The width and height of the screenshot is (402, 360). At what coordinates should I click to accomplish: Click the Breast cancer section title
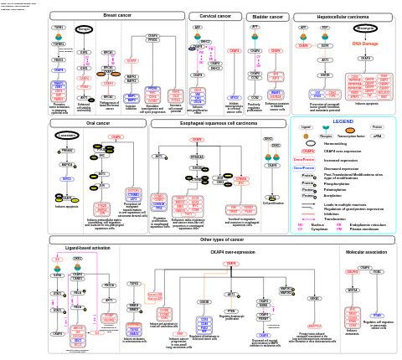[x=116, y=15]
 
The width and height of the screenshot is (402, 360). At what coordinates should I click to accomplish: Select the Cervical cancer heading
[x=214, y=16]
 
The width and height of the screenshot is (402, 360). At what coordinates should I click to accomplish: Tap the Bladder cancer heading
[x=268, y=16]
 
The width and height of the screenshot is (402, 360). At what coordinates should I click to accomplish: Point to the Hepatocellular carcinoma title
[x=343, y=16]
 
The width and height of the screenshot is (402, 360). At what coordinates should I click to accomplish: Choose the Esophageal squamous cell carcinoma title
[x=219, y=123]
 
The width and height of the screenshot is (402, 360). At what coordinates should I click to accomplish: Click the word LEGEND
[x=343, y=121]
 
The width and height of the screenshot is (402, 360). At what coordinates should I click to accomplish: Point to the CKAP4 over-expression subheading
[x=204, y=250]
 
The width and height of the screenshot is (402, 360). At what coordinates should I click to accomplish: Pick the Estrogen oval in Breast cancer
[x=84, y=29]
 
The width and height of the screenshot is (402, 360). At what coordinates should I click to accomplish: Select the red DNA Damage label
[x=365, y=43]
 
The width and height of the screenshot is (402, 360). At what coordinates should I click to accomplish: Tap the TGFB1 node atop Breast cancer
[x=59, y=27]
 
